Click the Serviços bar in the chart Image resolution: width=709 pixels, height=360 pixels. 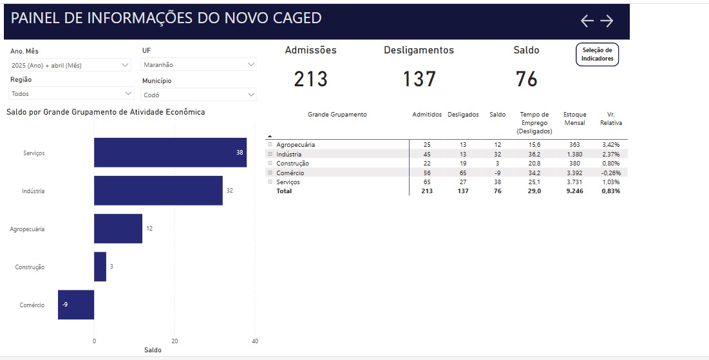pos(170,153)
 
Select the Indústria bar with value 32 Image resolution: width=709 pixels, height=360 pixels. pos(158,191)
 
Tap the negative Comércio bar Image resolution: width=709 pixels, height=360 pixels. pos(76,305)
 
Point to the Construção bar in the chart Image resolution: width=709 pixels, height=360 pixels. pos(100,267)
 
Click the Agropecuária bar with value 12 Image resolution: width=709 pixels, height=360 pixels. pos(118,229)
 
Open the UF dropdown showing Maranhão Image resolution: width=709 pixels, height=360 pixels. pos(198,64)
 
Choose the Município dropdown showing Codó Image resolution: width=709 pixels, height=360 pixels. pos(198,95)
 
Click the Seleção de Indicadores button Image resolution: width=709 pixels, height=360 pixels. pos(598,54)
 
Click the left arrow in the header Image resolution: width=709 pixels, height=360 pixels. pos(587,21)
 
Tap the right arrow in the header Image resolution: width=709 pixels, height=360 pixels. pos(607,21)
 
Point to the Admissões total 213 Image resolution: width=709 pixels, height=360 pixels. pos(310,79)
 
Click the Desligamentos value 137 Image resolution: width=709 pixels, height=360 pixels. pos(419,79)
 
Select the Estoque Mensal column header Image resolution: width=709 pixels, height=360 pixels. pos(574,118)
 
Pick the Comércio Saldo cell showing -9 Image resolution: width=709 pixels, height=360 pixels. pos(497,173)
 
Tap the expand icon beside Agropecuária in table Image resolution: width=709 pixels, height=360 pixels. pos(270,144)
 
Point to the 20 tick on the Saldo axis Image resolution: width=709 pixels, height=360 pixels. pos(175,341)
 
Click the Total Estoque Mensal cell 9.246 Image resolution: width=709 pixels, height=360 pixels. pos(574,191)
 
